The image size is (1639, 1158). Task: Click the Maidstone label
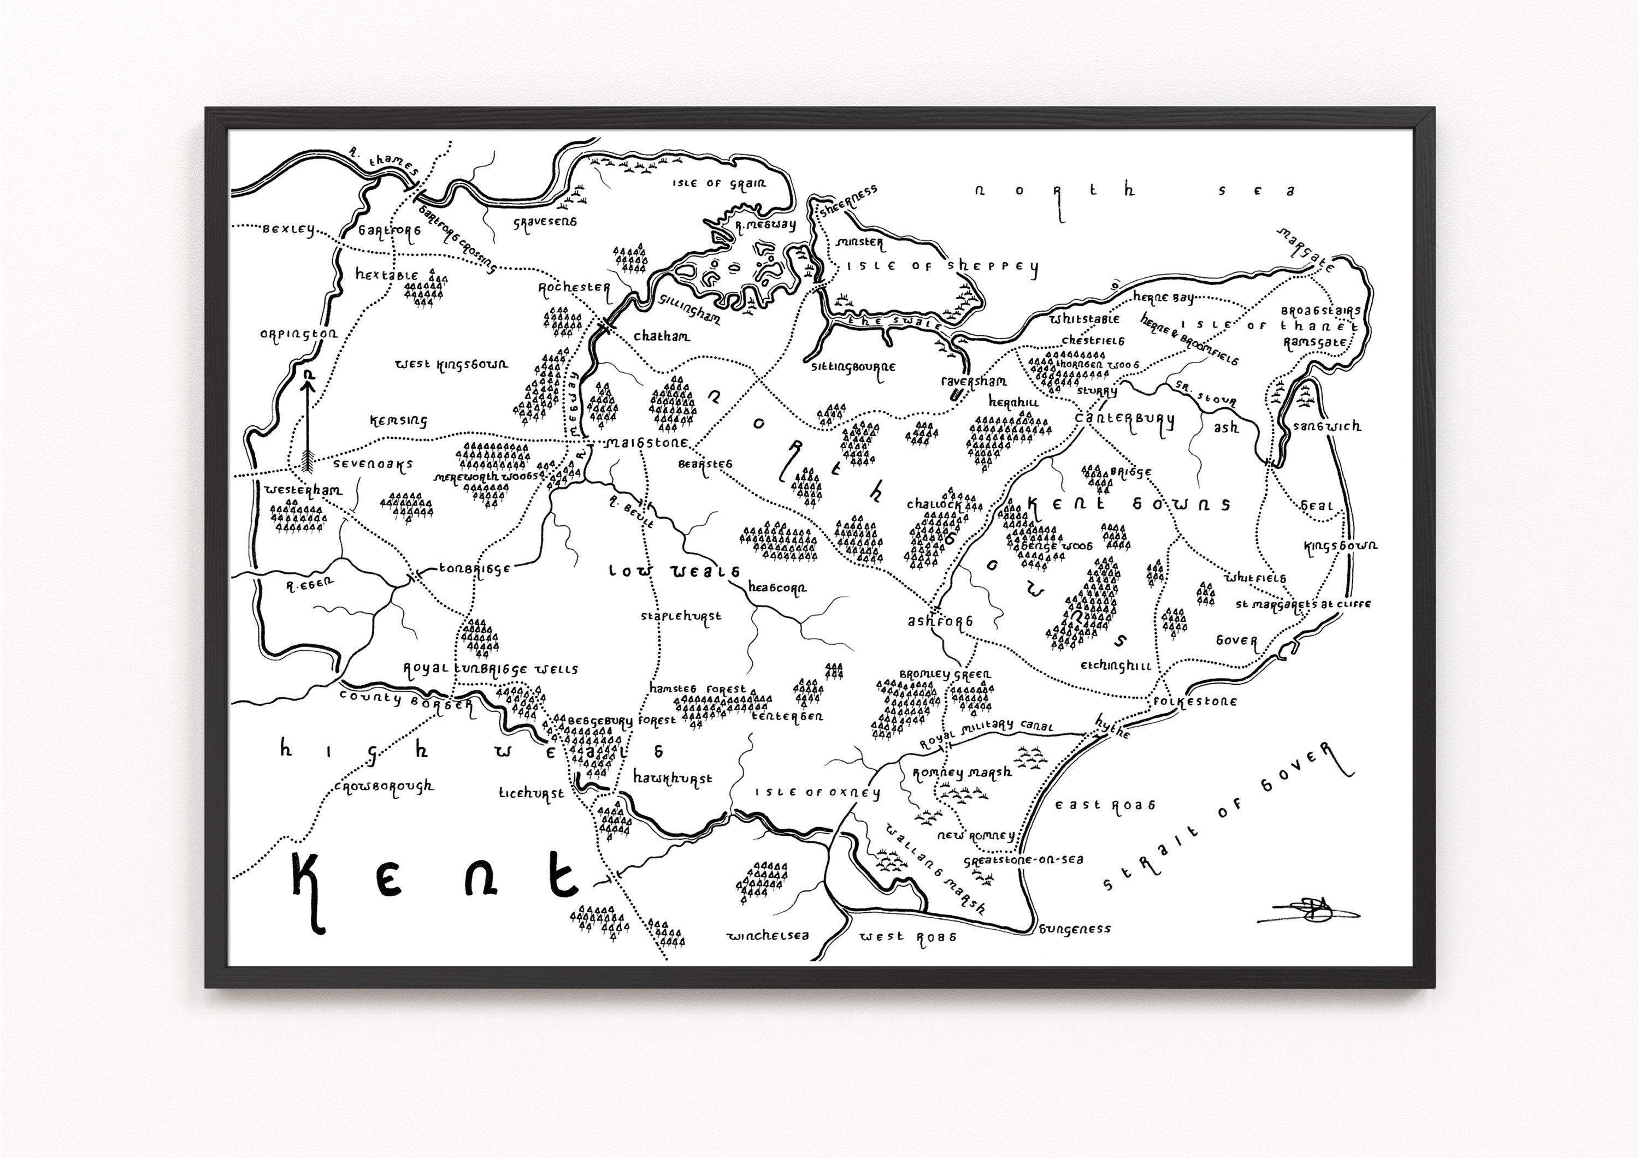point(646,443)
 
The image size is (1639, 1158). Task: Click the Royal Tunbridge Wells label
point(491,669)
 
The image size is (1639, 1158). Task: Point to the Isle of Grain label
point(719,184)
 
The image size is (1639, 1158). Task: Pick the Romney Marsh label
point(962,773)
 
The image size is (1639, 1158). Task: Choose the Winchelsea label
point(768,935)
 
